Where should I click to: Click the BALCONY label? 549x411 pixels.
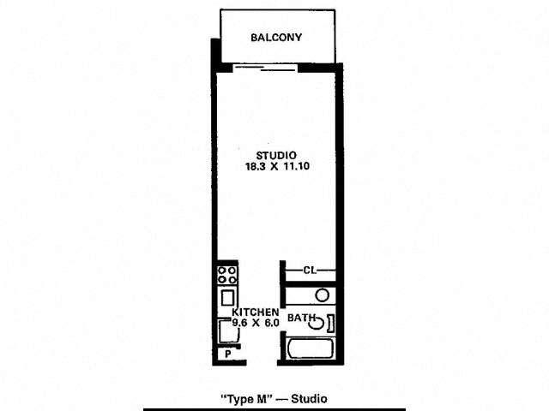click(x=276, y=38)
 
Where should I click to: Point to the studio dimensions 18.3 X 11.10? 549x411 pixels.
click(x=278, y=166)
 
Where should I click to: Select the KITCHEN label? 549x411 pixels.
click(x=256, y=312)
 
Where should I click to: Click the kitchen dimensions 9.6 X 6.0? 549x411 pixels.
click(x=256, y=323)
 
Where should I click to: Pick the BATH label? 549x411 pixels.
click(x=301, y=318)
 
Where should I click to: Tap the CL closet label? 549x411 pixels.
click(x=310, y=271)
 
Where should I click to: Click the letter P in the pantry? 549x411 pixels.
click(x=228, y=354)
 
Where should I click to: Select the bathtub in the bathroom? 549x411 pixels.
click(x=311, y=348)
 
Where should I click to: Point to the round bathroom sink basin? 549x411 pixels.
click(x=322, y=295)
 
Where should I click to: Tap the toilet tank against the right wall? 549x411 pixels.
click(x=330, y=323)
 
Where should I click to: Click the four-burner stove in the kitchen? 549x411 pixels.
click(x=227, y=275)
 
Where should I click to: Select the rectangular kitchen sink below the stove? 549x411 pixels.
click(x=227, y=298)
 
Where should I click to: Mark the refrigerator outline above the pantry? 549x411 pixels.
click(x=229, y=331)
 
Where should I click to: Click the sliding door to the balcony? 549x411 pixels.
click(x=265, y=68)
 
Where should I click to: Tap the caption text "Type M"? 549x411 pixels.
click(x=246, y=399)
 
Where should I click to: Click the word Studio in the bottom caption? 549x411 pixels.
click(x=309, y=399)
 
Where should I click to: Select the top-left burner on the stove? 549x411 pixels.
click(x=222, y=271)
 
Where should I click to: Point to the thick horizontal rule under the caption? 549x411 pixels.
click(x=274, y=409)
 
